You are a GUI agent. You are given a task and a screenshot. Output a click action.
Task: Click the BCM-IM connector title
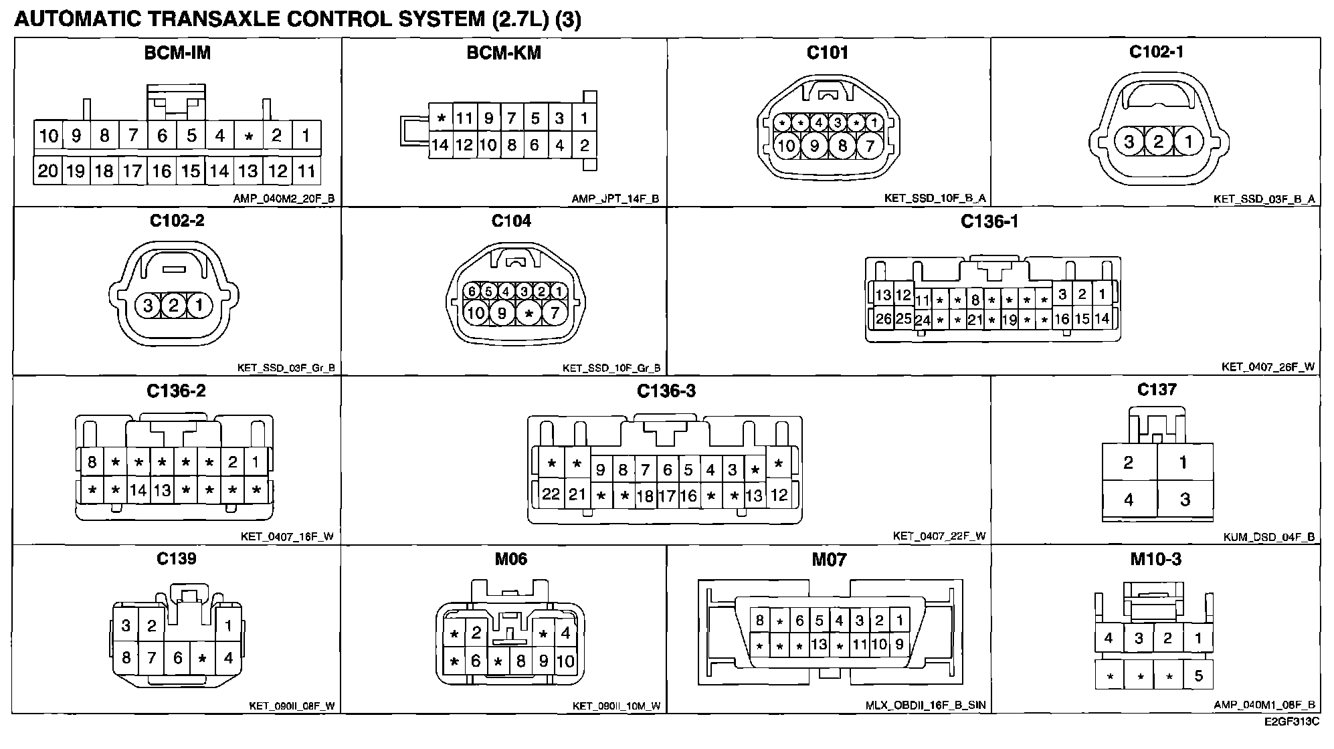coord(177,53)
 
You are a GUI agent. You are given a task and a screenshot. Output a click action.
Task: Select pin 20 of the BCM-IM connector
coord(47,171)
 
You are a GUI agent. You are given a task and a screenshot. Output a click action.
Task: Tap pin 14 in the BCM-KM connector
coord(440,145)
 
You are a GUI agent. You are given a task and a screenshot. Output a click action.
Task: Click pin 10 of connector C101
coord(786,145)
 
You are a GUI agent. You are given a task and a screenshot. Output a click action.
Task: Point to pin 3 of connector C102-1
coord(1129,142)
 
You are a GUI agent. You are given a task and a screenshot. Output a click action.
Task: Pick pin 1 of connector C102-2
coord(199,306)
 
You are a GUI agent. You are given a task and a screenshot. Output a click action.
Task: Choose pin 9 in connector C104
coord(501,312)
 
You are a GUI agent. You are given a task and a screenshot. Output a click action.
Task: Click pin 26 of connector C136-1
coord(883,319)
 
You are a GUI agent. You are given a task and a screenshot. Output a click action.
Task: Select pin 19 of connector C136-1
coord(1009,320)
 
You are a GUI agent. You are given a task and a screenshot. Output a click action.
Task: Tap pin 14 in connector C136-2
coord(138,490)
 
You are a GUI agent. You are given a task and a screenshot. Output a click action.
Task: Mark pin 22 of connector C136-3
coord(551,494)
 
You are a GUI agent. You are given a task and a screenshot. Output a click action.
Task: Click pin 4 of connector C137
coord(1129,499)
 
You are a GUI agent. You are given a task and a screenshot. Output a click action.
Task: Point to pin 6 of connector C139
coord(177,658)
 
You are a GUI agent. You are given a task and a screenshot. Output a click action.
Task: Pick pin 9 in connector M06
coord(543,661)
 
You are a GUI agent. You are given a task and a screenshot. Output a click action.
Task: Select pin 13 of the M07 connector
coord(819,645)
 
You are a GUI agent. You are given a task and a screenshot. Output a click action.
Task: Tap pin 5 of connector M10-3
coord(1198,675)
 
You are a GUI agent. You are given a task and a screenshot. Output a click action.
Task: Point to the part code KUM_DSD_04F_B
coord(1268,537)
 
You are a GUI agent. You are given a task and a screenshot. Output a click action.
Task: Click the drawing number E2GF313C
coord(1291,722)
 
